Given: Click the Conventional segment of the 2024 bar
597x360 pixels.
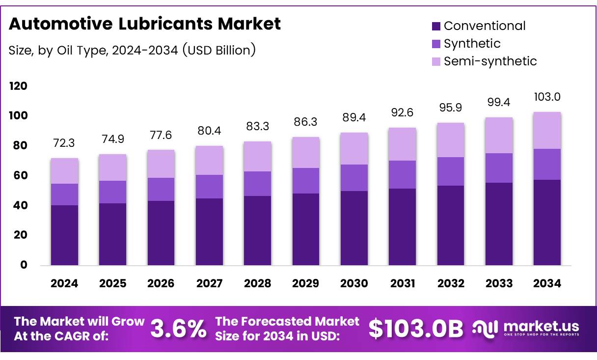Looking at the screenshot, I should [64, 235].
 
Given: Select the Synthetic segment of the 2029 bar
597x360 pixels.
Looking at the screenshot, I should [305, 181].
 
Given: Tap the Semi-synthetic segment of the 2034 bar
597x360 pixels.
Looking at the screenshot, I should [547, 131].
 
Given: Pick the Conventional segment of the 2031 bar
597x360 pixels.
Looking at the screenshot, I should [402, 227].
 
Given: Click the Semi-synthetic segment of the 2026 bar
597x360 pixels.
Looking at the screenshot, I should [161, 164].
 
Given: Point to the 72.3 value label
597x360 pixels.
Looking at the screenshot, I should [64, 143].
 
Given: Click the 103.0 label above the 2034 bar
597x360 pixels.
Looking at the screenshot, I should [547, 97].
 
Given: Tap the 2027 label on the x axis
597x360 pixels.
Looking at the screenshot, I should [209, 283].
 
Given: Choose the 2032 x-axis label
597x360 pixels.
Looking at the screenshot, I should [451, 283].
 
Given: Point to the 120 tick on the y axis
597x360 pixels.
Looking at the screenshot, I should [18, 86].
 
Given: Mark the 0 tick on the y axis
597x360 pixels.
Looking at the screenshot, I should [24, 265].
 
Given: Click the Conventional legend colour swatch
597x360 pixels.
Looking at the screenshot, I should [436, 26].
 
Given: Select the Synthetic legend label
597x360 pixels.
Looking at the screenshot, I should [472, 44].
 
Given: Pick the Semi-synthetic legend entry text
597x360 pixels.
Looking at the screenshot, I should [490, 61].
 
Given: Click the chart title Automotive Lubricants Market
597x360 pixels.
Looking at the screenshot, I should [145, 24].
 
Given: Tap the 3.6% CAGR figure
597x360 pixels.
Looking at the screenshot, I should [178, 329].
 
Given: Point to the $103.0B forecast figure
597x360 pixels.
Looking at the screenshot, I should [416, 329].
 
